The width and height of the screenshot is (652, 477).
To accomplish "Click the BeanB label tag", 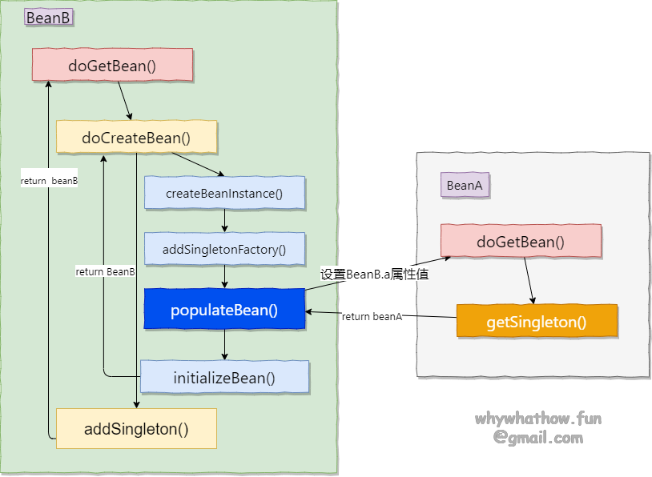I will pyautogui.click(x=48, y=18).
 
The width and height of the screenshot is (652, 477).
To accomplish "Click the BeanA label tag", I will pyautogui.click(x=465, y=186).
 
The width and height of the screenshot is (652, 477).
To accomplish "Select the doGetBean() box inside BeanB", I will pyautogui.click(x=112, y=65).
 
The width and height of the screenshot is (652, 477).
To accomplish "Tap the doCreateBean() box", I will pyautogui.click(x=136, y=138).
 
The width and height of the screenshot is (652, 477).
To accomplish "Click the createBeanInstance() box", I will pyautogui.click(x=224, y=193).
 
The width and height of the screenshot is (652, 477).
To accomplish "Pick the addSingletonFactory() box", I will pyautogui.click(x=224, y=249).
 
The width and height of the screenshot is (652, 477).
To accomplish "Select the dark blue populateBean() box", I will pyautogui.click(x=224, y=310).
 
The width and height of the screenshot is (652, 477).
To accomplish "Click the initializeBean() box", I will pyautogui.click(x=224, y=377).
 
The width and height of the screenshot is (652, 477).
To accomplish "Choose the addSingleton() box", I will pyautogui.click(x=136, y=428).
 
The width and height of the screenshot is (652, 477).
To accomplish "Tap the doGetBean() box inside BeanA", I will pyautogui.click(x=521, y=241).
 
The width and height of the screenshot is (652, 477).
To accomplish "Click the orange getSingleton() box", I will pyautogui.click(x=537, y=321).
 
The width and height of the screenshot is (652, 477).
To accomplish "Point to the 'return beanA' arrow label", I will pyautogui.click(x=372, y=316).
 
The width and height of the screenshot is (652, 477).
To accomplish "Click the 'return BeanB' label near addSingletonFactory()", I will pyautogui.click(x=105, y=272).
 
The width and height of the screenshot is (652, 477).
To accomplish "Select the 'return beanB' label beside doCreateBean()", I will pyautogui.click(x=49, y=181).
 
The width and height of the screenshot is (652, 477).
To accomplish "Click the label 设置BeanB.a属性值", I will pyautogui.click(x=375, y=274).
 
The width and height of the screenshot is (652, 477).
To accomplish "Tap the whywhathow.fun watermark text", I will pyautogui.click(x=537, y=419).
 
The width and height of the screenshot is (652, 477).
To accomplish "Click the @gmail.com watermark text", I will pyautogui.click(x=537, y=438).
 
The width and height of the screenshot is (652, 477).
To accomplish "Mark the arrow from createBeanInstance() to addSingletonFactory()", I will pyautogui.click(x=224, y=221).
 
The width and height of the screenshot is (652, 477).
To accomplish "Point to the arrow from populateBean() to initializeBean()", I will pyautogui.click(x=224, y=344).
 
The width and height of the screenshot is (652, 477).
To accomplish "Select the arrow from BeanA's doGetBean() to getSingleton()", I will pyautogui.click(x=529, y=280).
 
